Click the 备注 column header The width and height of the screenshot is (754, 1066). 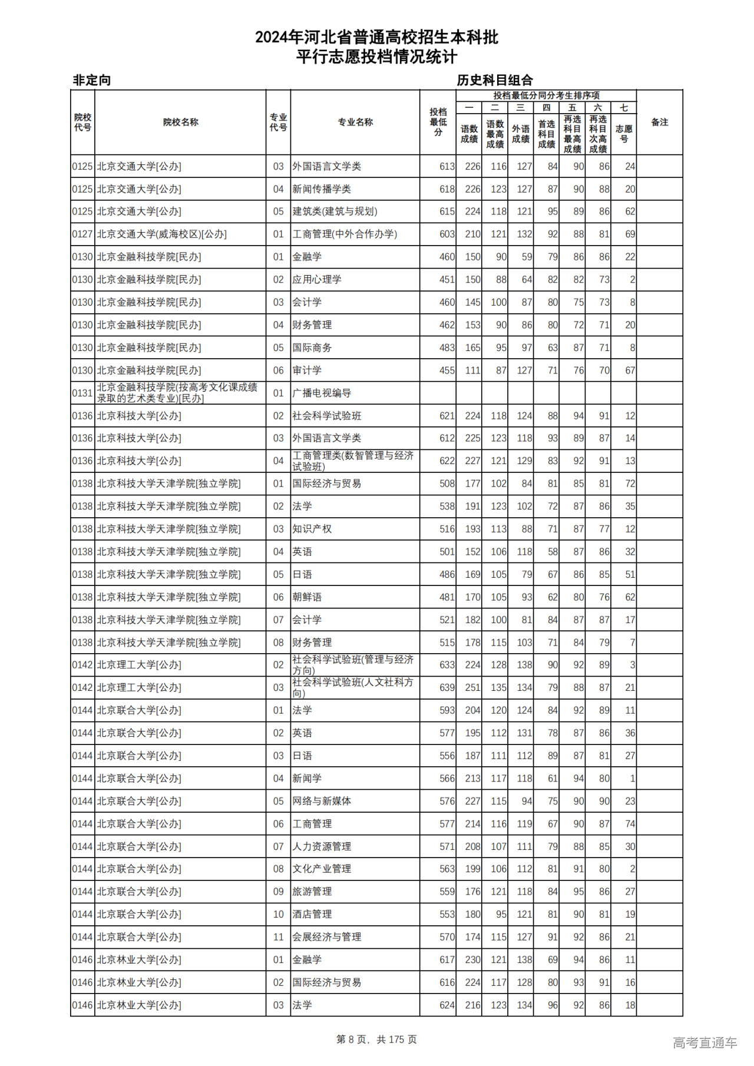point(659,122)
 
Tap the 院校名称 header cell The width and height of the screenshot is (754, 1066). point(180,122)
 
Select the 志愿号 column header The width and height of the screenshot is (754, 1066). point(623,133)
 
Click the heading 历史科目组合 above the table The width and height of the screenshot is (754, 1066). point(494,80)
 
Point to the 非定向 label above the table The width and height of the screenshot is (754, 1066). point(91,80)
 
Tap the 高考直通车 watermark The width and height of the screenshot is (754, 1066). point(705,1042)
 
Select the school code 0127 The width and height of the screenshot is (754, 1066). point(82,234)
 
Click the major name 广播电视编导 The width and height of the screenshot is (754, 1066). point(322,393)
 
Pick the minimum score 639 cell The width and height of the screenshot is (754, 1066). point(447,688)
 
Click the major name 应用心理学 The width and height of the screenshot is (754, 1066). point(317,280)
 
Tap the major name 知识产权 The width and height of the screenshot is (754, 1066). point(312,529)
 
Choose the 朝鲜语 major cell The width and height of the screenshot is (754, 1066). point(307,597)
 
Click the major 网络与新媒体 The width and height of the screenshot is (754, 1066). point(322,801)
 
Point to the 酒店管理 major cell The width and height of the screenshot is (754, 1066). point(312,914)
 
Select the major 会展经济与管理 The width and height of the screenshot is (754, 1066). point(327,937)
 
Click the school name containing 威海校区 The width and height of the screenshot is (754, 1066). point(162,234)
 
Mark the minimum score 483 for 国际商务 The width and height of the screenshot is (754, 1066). point(447,348)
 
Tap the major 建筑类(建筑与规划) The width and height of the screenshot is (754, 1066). point(335,211)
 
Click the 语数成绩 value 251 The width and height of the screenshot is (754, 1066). point(472,688)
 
